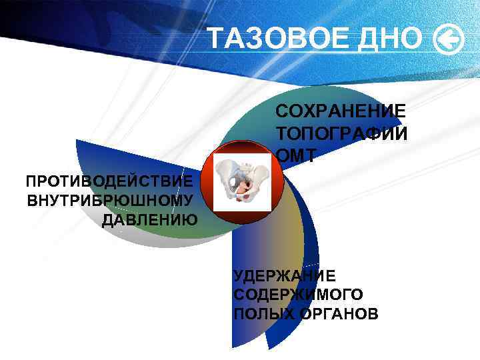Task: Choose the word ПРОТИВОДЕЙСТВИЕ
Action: (x=110, y=181)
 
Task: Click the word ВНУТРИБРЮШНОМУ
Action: (x=111, y=201)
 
